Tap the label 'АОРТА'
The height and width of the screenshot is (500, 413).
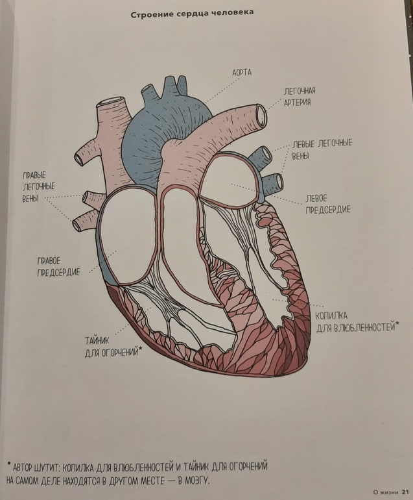pos(242,73)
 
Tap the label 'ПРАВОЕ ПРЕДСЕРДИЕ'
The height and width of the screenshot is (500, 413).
pos(58,266)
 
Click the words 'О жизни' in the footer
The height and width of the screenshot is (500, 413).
pos(384,492)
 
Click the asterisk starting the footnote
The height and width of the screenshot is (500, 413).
pos(8,465)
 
